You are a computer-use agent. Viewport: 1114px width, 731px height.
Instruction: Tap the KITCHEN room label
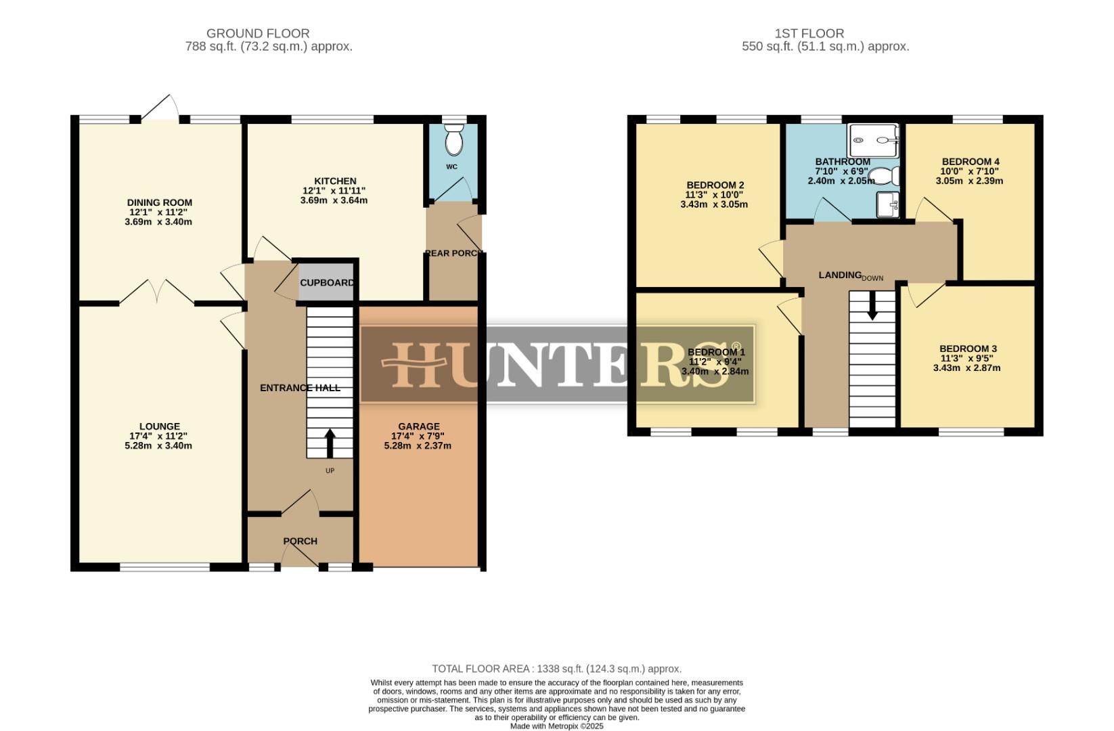coord(335,181)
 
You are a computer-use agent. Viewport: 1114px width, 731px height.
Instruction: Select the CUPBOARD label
coord(327,283)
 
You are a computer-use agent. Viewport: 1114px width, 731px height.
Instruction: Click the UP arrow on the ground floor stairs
coord(330,443)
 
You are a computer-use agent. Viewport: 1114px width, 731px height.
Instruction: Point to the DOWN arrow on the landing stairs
coord(872,306)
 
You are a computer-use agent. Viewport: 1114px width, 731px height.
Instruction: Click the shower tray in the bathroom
coord(874,141)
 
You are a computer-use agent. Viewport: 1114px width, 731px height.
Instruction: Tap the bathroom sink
coord(887,204)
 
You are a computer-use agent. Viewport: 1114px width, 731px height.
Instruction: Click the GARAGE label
coord(418,426)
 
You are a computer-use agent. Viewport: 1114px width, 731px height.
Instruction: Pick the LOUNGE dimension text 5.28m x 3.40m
coord(158,446)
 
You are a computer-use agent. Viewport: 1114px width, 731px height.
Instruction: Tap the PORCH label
coord(300,541)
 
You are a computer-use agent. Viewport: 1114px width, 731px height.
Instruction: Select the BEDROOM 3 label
coord(968,349)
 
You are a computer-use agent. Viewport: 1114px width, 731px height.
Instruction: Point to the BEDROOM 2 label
coord(715,185)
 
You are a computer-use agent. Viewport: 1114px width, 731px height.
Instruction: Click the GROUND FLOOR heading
coord(258,33)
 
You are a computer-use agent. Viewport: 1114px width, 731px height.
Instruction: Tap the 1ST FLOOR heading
coord(809,33)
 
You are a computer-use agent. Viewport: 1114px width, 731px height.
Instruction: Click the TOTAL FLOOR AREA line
coord(556,669)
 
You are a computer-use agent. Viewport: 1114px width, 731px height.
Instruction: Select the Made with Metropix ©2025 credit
coord(556,726)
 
